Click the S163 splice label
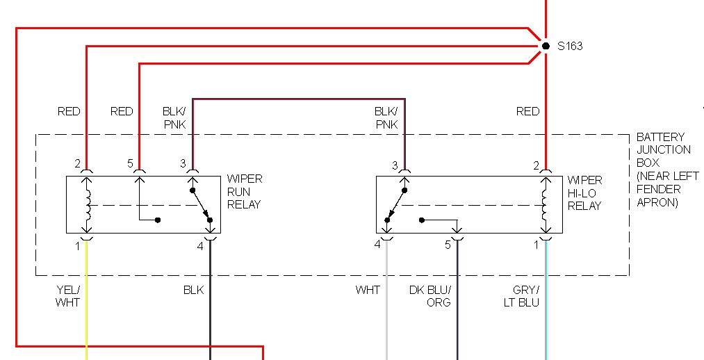(570, 47)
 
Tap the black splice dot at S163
(546, 46)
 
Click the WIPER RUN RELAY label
(244, 192)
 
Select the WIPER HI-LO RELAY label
(584, 193)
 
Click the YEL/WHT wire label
(67, 296)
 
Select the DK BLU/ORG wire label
(429, 296)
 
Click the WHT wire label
(368, 290)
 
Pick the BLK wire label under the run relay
(193, 290)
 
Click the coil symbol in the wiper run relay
(88, 204)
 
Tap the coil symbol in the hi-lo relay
(546, 204)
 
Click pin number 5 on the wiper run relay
(130, 163)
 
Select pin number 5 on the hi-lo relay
(448, 245)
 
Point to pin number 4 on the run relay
(200, 245)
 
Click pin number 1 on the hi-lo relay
(536, 245)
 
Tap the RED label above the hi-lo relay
(527, 111)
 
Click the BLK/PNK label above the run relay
(174, 117)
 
